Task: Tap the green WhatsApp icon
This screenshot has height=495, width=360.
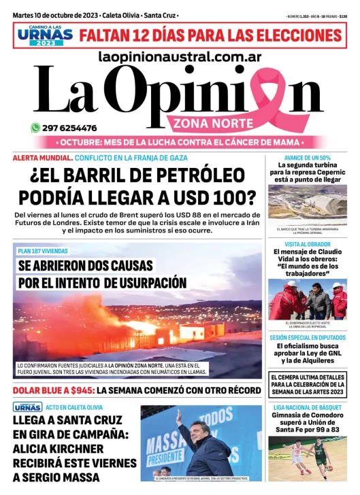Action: (x=35, y=127)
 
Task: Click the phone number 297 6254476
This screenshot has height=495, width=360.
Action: (x=69, y=128)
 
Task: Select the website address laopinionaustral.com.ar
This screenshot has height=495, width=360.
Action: (x=180, y=58)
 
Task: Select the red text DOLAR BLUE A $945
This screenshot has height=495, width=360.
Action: (x=52, y=391)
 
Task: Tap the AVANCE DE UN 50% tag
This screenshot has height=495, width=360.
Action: (x=307, y=158)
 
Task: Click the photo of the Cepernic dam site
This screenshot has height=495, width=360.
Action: (x=307, y=205)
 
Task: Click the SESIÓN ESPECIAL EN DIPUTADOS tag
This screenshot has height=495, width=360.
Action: (x=307, y=337)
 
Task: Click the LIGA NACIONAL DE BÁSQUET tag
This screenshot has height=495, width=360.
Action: (x=307, y=408)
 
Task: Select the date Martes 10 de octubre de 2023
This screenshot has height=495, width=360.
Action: (x=54, y=14)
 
